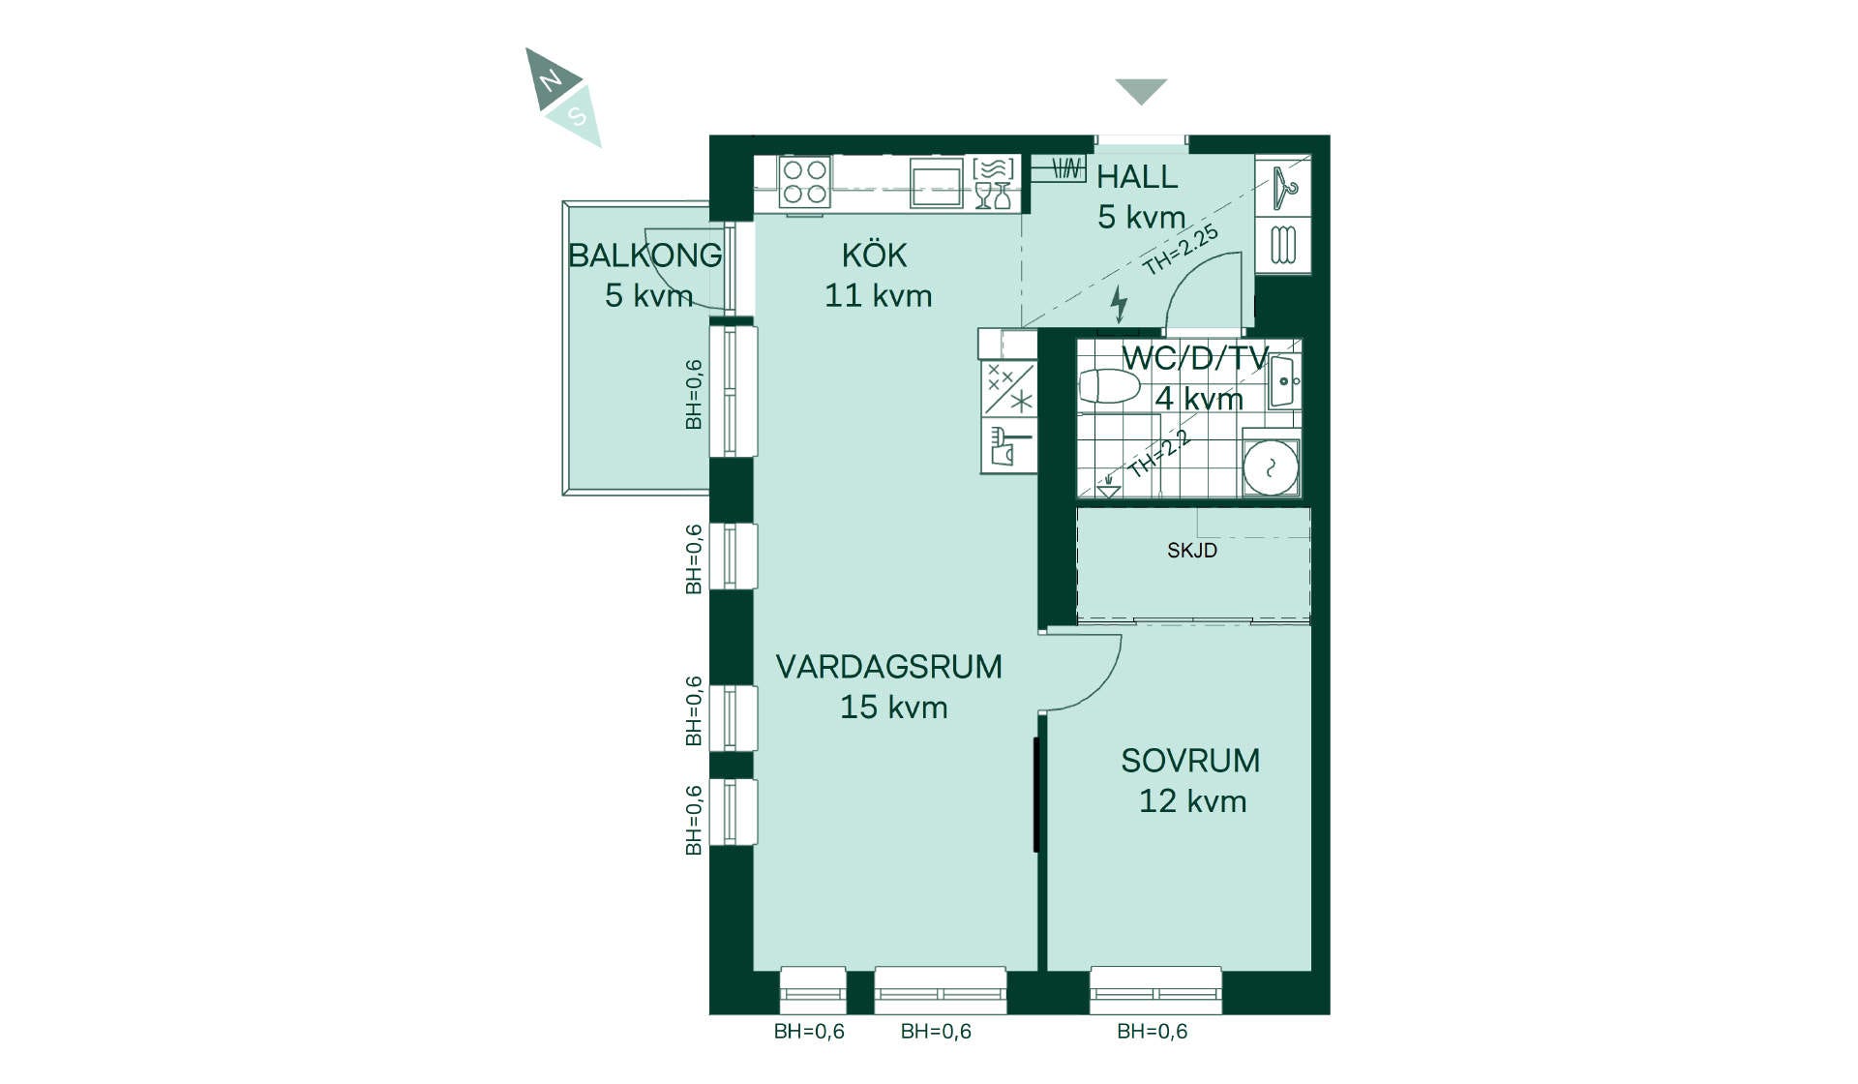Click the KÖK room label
[875, 256]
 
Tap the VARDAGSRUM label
[888, 667]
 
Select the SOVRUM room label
[1190, 761]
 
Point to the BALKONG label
[644, 256]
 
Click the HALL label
[1137, 177]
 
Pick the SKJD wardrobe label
[1192, 551]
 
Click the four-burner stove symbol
[805, 182]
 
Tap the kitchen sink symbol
[937, 183]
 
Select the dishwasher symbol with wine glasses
[994, 183]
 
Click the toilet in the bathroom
[1109, 386]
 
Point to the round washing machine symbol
[1271, 468]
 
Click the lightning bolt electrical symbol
[1119, 304]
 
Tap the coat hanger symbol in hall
[1284, 187]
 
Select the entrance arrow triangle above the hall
[1141, 90]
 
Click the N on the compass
[551, 79]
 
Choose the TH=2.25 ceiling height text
[1181, 250]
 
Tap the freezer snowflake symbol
[1022, 401]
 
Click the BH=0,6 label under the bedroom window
[1152, 1032]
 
